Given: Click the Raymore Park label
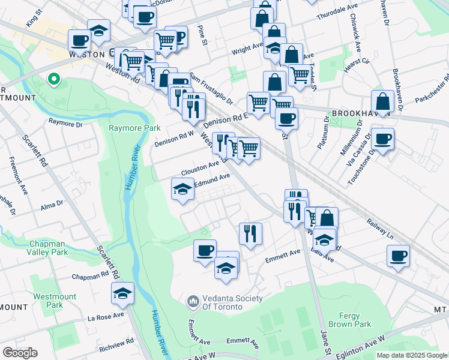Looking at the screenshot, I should pyautogui.click(x=134, y=128).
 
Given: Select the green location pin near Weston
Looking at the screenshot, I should pyautogui.click(x=53, y=79).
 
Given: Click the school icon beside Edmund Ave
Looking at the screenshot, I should pyautogui.click(x=183, y=190).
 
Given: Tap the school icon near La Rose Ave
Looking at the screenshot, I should pyautogui.click(x=122, y=293).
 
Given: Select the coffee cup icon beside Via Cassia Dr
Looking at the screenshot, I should pyautogui.click(x=382, y=139).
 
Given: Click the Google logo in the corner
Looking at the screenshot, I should pyautogui.click(x=20, y=352).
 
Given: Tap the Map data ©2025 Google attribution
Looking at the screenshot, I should pyautogui.click(x=412, y=355).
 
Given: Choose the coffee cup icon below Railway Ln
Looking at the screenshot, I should pyautogui.click(x=398, y=256).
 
